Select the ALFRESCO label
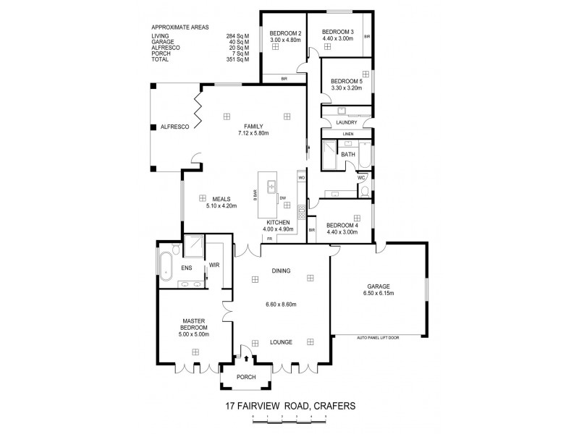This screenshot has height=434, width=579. point(174,126)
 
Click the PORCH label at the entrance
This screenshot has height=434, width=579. point(248,377)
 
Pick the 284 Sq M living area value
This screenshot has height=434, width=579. point(237,35)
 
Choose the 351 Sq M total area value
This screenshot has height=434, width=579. point(237,59)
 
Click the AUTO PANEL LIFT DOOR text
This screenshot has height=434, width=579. point(378,337)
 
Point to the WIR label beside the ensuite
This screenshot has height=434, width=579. point(214,265)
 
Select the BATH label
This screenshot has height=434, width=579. point(348,154)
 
